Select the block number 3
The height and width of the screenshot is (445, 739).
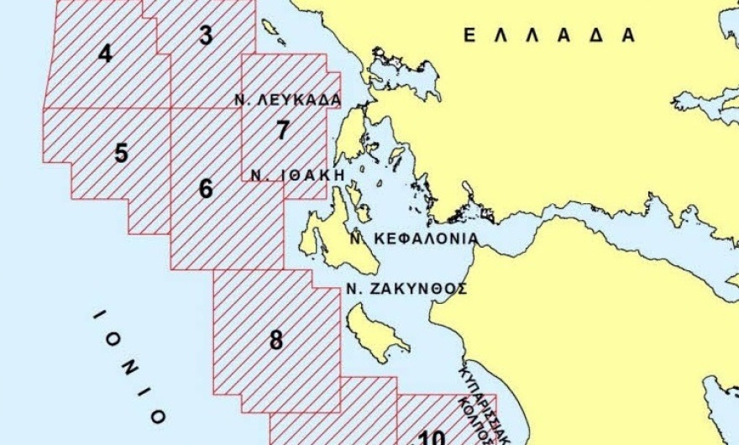coord(206,35)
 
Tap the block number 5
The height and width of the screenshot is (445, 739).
coord(122,154)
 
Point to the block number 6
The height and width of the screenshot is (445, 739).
coord(206,189)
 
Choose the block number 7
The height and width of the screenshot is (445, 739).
coord(283,131)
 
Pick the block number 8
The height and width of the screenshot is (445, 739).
coord(276,341)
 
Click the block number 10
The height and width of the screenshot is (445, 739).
coord(432,437)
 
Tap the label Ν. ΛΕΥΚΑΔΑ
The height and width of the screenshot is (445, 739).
coord(288,100)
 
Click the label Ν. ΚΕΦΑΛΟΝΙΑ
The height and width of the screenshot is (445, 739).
coord(414,238)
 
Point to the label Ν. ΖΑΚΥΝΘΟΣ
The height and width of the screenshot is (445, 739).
coord(406,288)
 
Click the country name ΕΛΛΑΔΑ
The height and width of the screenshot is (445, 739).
coord(549,35)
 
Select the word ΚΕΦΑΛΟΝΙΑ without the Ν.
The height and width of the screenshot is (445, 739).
coord(423,238)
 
